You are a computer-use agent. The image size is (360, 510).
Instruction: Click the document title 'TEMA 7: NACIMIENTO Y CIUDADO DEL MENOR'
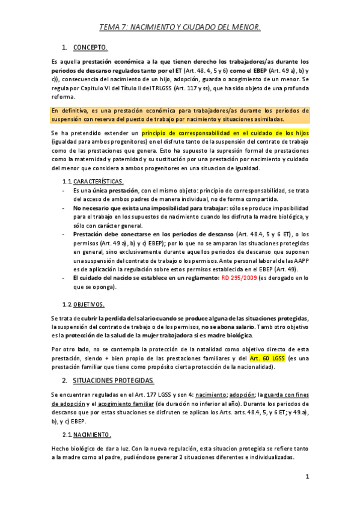pyautogui.click(x=180, y=27)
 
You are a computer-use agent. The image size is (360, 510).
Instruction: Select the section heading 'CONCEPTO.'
pyautogui.click(x=90, y=47)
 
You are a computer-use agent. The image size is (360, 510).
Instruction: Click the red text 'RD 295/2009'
pyautogui.click(x=240, y=278)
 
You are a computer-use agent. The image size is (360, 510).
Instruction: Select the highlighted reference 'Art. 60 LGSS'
pyautogui.click(x=267, y=359)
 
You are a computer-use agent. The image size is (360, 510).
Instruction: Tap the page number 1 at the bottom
pyautogui.click(x=307, y=477)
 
